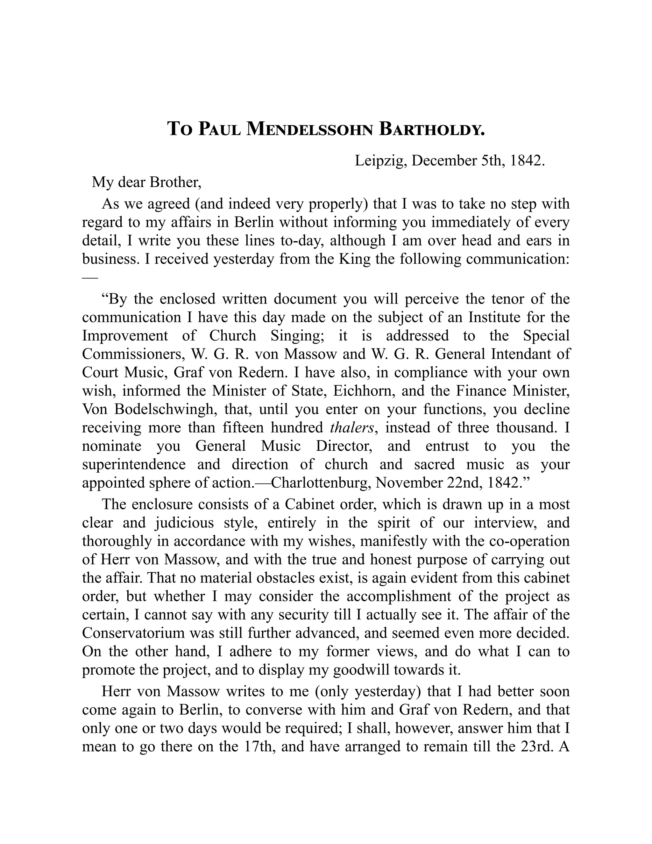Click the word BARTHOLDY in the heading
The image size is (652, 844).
431,129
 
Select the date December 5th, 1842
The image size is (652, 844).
478,161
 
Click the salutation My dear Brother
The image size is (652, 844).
146,182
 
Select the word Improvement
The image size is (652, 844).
125,335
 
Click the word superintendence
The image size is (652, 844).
134,464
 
